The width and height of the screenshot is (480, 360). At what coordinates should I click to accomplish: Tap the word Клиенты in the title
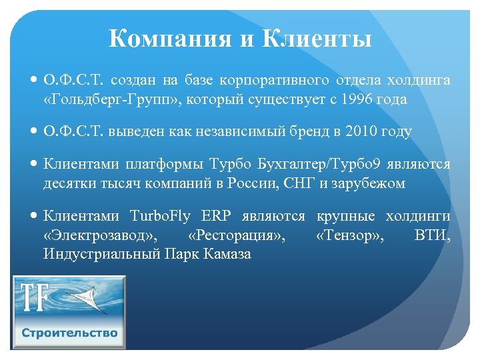(x=317, y=39)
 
